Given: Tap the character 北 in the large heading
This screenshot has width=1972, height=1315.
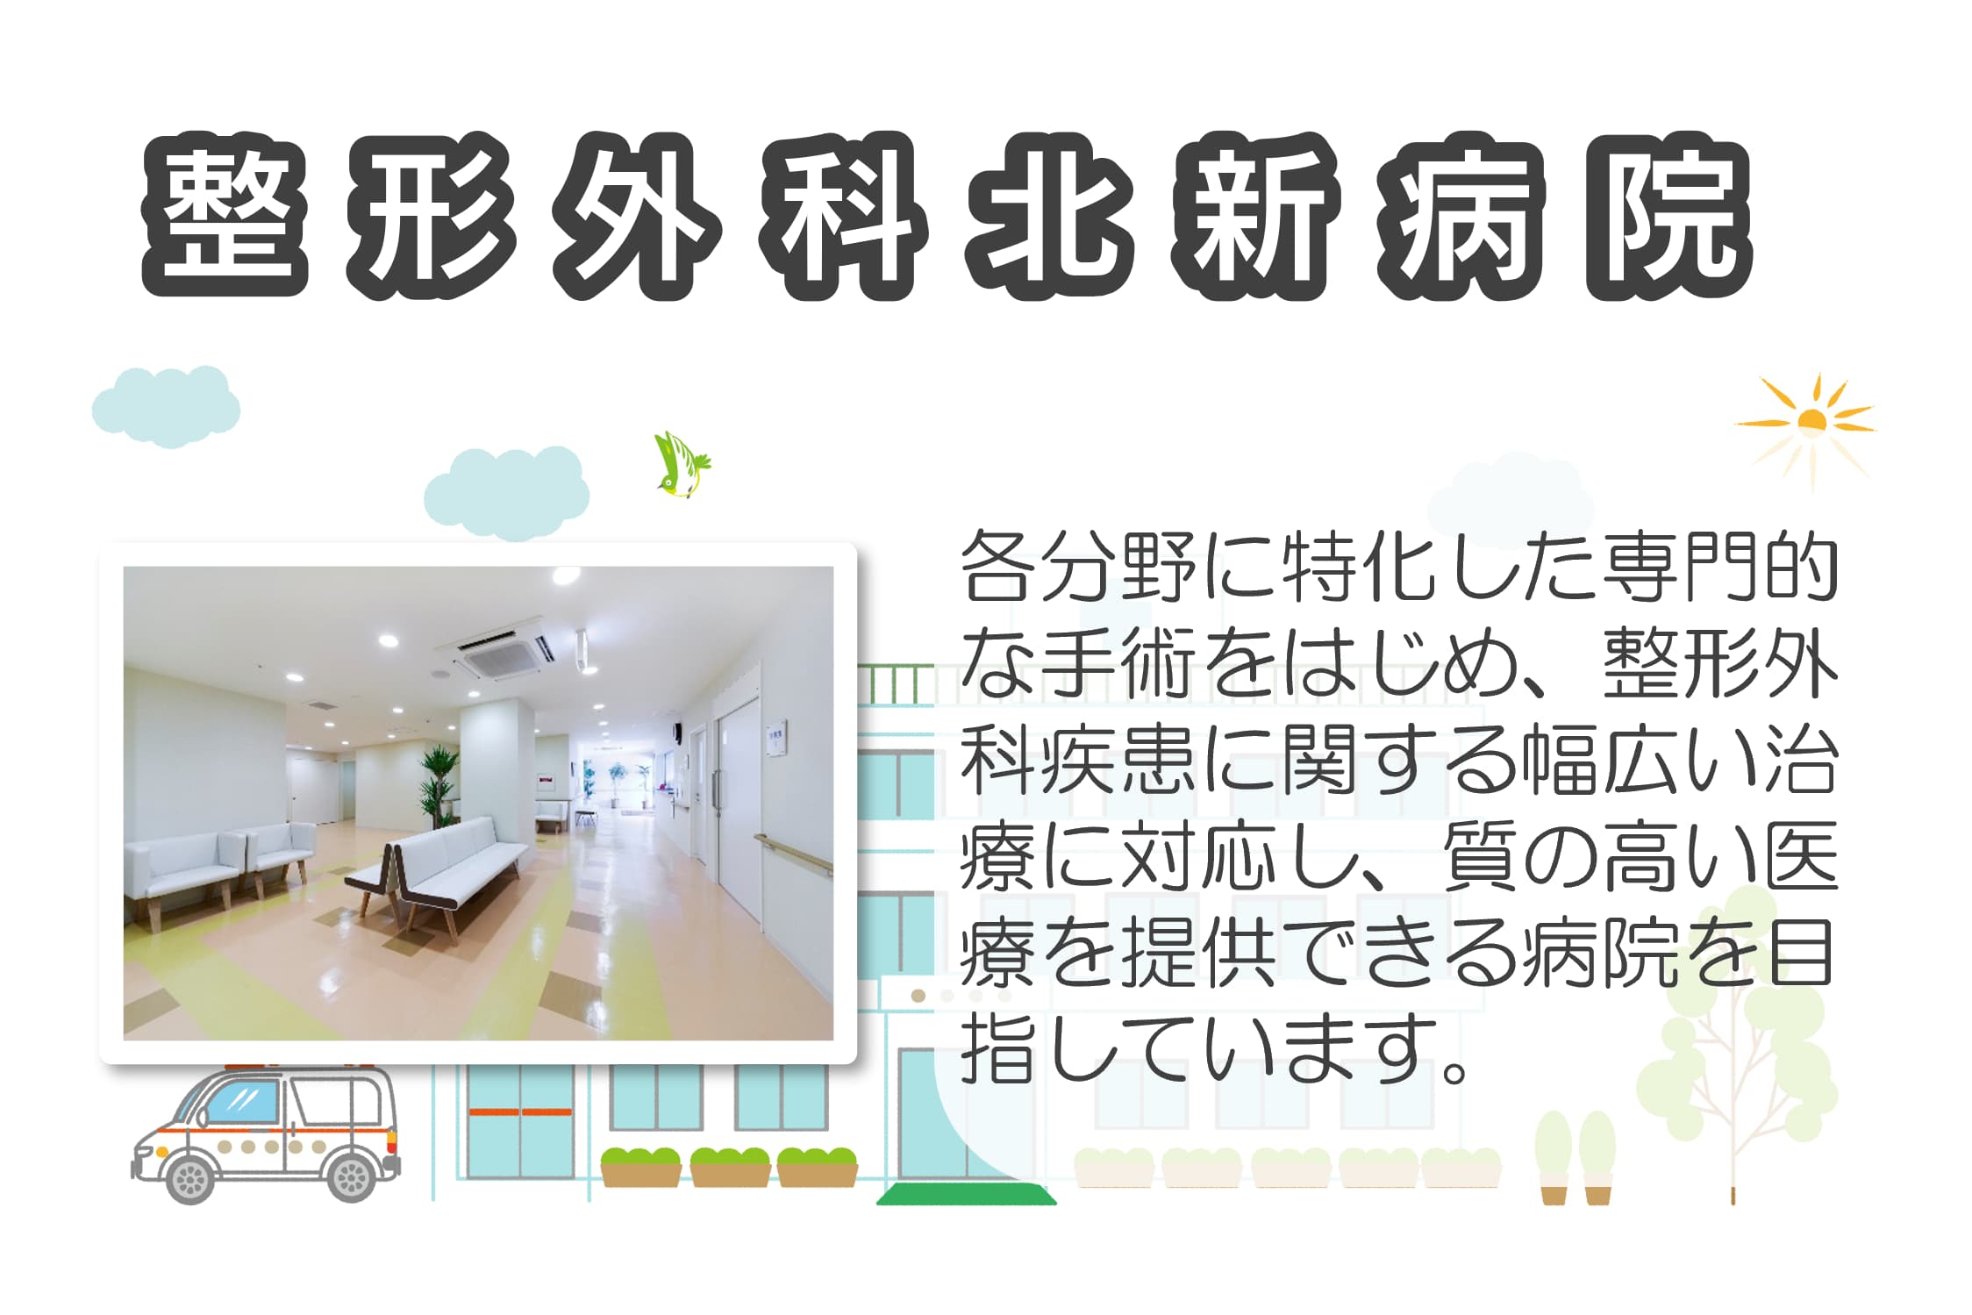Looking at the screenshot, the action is click(x=1049, y=216).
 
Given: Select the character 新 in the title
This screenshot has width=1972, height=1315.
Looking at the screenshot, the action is click(x=1255, y=216).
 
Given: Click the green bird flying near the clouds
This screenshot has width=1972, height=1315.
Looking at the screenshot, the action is click(x=682, y=464).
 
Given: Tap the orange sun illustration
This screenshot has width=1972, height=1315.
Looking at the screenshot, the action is click(x=1809, y=425).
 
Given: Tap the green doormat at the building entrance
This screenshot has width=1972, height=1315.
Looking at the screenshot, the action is click(x=966, y=1195).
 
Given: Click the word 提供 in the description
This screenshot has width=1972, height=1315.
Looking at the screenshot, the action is click(x=1198, y=954).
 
